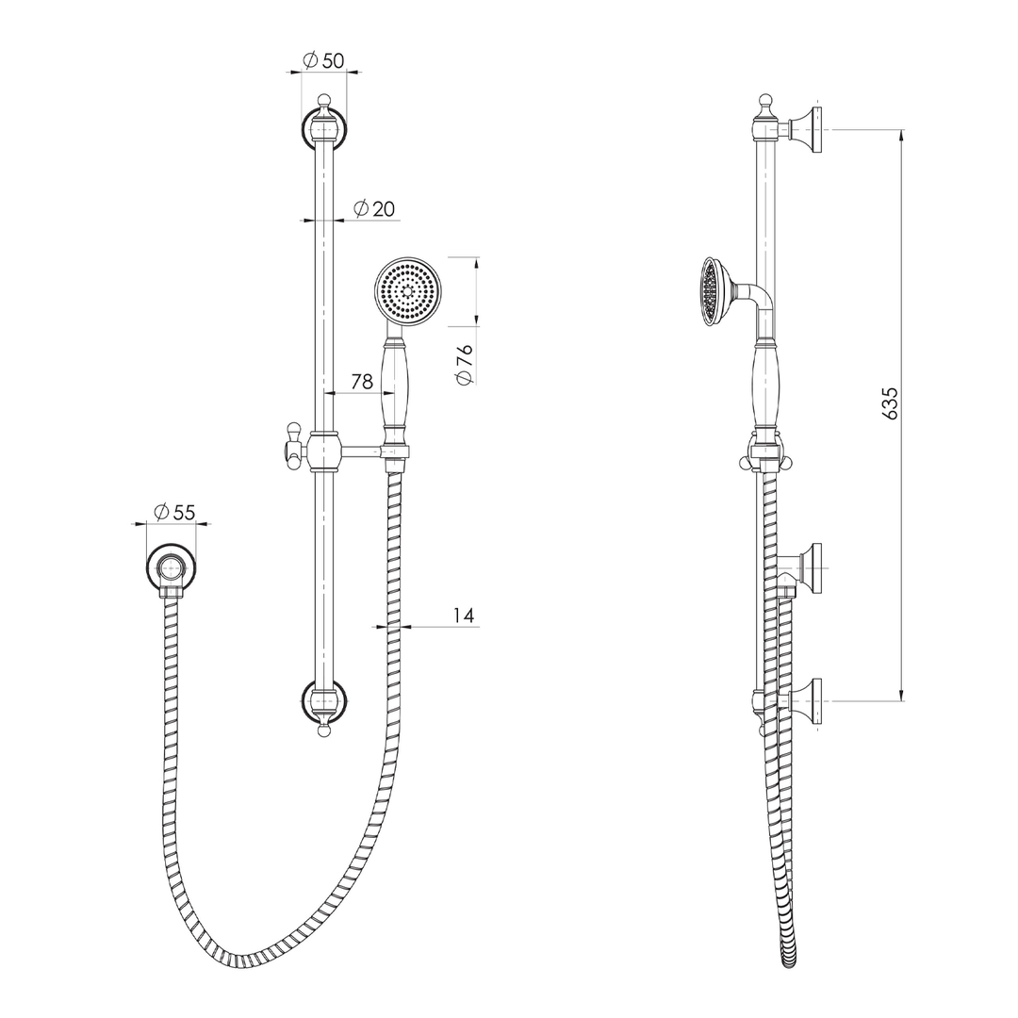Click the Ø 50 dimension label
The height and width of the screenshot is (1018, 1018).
pos(323,60)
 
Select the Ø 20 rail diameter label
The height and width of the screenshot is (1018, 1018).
pos(374,208)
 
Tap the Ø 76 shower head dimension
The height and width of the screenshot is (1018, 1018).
pos(463,363)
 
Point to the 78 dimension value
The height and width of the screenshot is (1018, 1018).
pos(361,381)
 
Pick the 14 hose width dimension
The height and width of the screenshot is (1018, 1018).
pos(463,616)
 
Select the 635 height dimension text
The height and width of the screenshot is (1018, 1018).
pos(890,402)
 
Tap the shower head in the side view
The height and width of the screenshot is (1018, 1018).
pos(712,291)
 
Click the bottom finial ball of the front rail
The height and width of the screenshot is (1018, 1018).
pos(323,729)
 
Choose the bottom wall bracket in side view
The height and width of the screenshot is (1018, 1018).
pos(807,701)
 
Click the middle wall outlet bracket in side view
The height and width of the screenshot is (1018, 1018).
pos(807,568)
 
